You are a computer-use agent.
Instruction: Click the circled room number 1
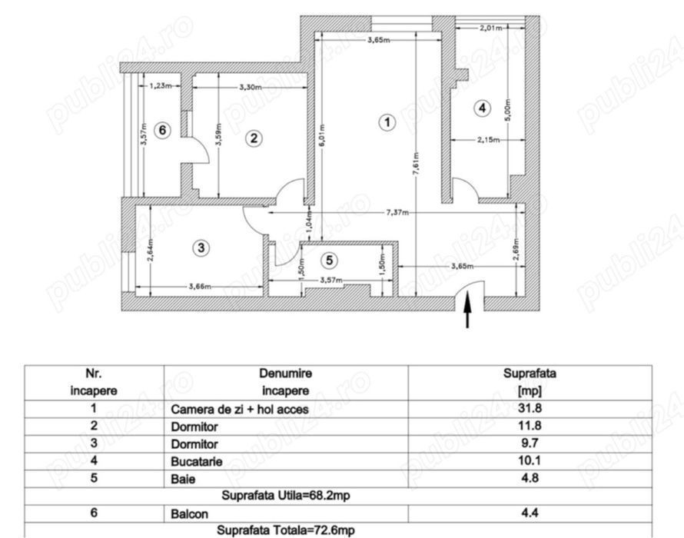point(387,123)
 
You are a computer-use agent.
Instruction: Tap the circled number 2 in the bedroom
point(254,139)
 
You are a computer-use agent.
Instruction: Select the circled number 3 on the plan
point(201,247)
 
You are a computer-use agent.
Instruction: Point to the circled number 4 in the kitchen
point(482,108)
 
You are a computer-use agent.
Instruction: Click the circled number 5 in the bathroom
point(330,261)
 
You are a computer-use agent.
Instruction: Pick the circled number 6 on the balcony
point(162,130)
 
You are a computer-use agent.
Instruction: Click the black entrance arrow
point(467,309)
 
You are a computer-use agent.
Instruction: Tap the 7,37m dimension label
point(397,213)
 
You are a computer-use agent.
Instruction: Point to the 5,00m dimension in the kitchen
point(507,111)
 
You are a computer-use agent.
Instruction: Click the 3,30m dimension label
point(251,88)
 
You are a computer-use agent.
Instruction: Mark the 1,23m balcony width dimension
point(160,86)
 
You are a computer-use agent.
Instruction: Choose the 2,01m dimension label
point(491,28)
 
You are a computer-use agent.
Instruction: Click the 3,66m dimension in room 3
point(201,287)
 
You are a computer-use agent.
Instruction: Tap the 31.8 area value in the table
point(530,408)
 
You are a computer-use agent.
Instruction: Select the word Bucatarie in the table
point(197,462)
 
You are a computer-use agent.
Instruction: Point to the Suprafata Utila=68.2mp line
point(286,496)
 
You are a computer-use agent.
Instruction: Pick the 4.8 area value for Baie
point(530,478)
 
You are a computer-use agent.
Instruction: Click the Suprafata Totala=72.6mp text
point(286,530)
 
